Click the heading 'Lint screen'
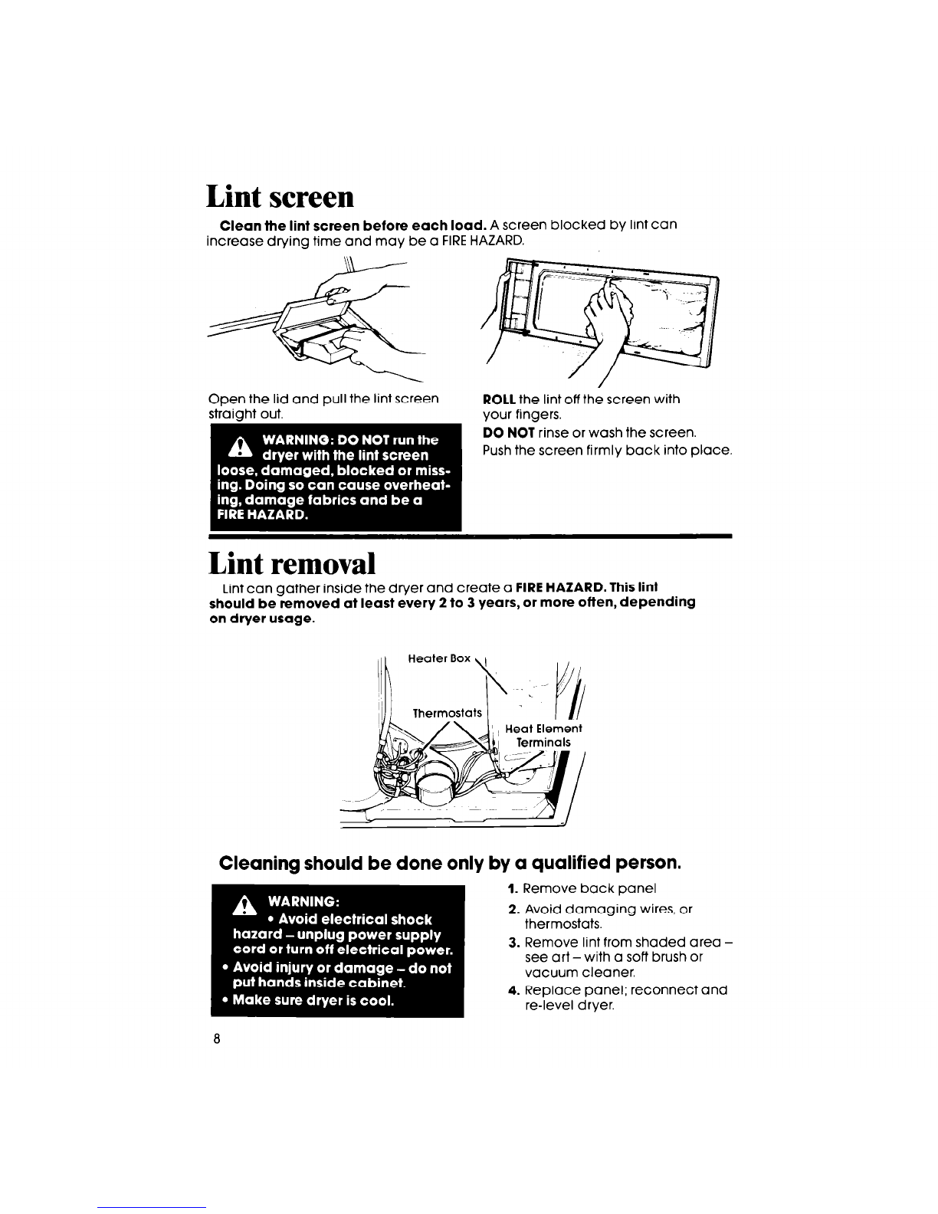point(280,197)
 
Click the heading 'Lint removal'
point(292,563)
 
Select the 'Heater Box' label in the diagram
point(439,658)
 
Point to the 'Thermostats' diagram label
point(447,713)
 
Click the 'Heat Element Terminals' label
point(543,735)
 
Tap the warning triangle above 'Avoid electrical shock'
point(244,905)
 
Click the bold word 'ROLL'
point(499,399)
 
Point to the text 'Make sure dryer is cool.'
point(313,999)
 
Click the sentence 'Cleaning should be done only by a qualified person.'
point(451,862)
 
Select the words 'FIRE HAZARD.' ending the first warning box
point(263,514)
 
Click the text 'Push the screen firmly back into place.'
point(607,451)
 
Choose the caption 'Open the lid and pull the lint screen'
point(323,399)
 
